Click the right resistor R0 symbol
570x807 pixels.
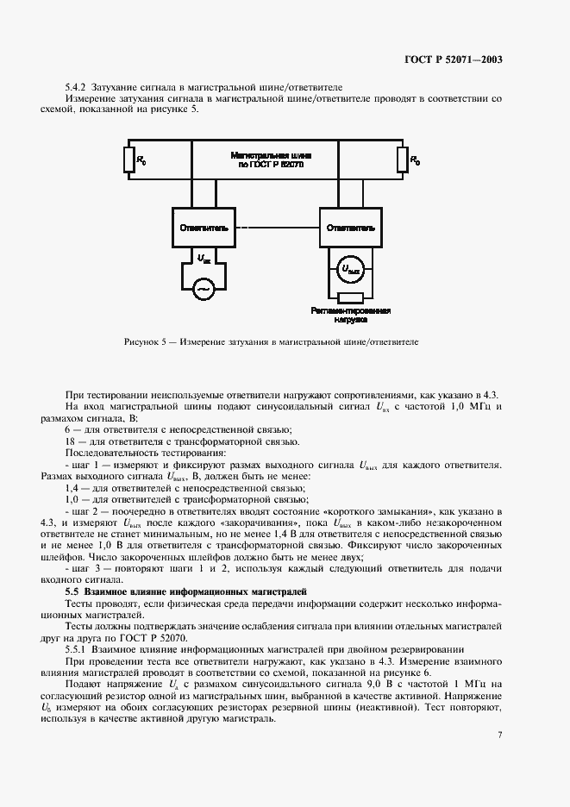click(402, 160)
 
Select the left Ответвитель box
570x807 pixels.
click(204, 228)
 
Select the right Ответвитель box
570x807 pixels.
click(349, 228)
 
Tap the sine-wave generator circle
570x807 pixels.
click(204, 290)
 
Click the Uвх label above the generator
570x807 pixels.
click(204, 259)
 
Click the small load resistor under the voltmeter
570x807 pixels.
click(349, 296)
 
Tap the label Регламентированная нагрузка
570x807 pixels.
click(351, 314)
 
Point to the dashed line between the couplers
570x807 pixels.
click(277, 228)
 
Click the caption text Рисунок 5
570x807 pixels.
click(144, 342)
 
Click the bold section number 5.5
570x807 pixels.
click(72, 591)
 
